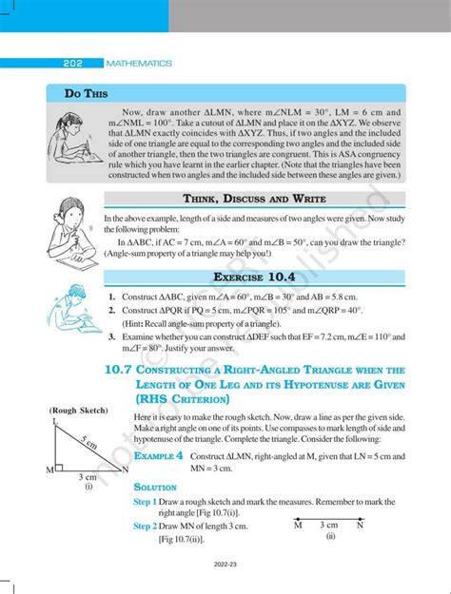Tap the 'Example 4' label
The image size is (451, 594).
[157, 457]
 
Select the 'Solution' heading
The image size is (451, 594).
[154, 487]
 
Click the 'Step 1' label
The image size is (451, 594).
[145, 501]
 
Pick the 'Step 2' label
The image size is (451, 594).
[145, 525]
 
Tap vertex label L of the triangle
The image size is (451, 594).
[55, 421]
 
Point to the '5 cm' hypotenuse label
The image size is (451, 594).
[89, 443]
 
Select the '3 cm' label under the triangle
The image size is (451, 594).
[87, 477]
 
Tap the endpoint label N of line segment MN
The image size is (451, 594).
[359, 525]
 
